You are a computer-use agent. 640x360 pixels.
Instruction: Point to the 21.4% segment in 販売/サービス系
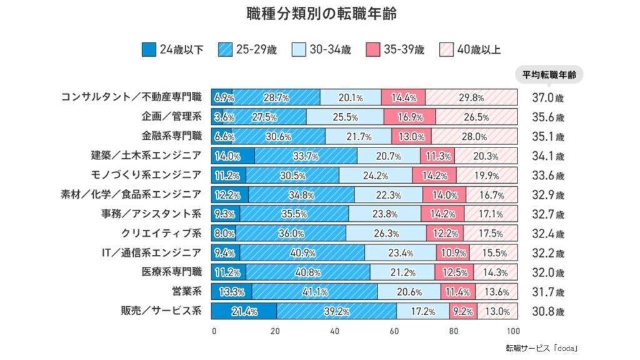click(x=244, y=311)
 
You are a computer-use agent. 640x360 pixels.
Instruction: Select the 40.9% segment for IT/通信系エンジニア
click(x=302, y=253)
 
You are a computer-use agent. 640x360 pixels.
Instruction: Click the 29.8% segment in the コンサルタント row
click(x=472, y=97)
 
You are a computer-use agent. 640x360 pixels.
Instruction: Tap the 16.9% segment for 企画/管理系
click(x=409, y=117)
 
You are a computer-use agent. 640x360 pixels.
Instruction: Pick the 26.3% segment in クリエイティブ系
click(x=386, y=234)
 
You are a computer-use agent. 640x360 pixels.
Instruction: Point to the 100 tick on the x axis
click(x=514, y=331)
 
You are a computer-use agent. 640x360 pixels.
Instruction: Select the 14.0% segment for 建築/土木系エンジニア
click(x=232, y=156)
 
